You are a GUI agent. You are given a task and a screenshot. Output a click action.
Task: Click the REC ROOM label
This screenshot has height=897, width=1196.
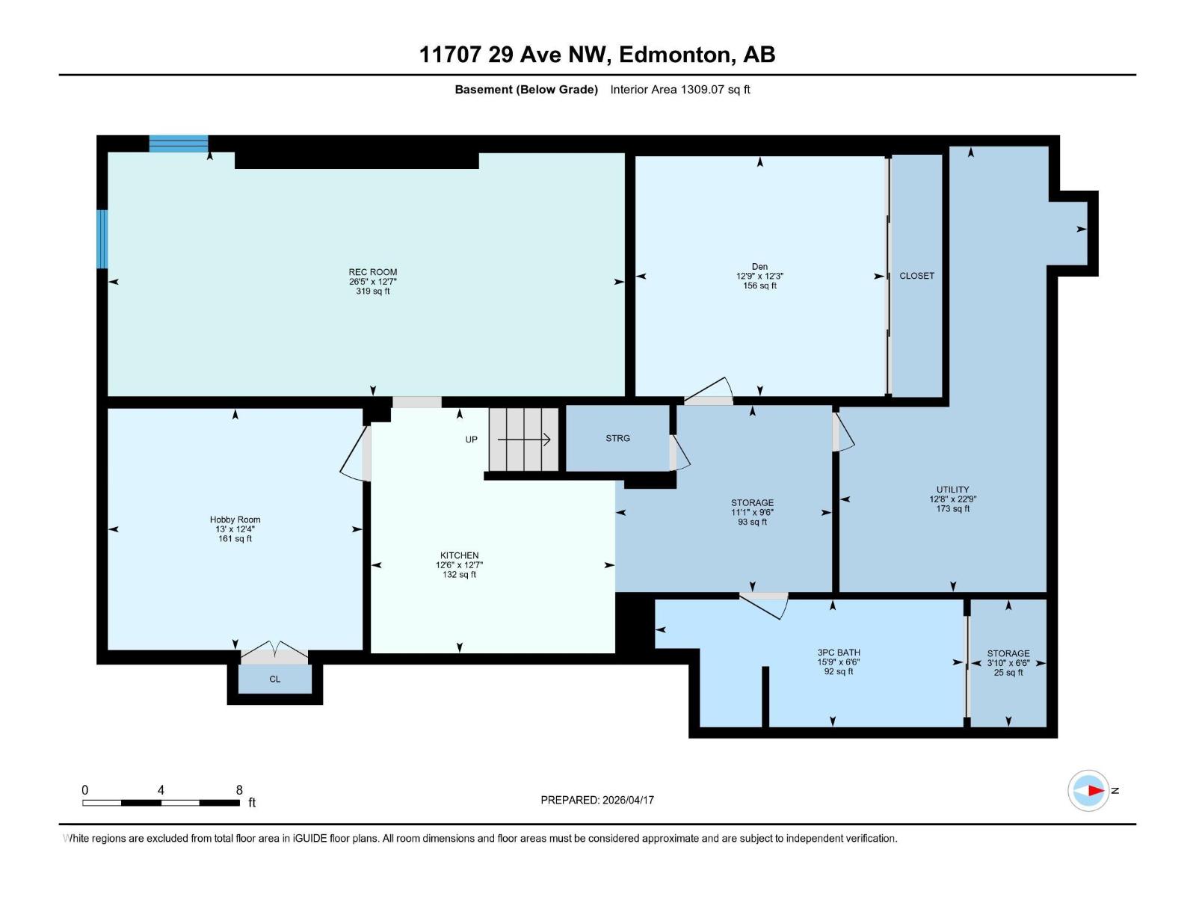tap(372, 272)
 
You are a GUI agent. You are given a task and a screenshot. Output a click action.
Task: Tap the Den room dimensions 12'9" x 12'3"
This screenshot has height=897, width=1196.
tap(759, 276)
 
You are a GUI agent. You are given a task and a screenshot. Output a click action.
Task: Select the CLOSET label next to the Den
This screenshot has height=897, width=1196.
tap(916, 276)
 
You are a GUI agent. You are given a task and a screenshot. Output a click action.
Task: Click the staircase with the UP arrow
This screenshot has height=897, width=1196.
tap(524, 440)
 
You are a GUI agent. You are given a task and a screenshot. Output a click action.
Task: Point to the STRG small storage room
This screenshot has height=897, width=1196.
tap(617, 439)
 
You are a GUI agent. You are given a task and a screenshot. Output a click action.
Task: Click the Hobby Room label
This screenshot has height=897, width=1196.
tap(235, 520)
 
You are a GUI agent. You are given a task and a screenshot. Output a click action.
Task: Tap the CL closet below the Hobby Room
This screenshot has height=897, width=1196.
tap(274, 679)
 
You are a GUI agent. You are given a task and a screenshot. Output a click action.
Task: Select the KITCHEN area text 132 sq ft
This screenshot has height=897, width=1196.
tap(459, 575)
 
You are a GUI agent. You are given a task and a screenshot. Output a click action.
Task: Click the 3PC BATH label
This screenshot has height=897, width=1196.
tap(838, 653)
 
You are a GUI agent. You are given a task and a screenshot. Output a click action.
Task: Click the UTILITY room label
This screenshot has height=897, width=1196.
tap(952, 490)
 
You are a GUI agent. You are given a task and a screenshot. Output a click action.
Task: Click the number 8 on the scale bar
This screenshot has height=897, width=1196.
tap(239, 790)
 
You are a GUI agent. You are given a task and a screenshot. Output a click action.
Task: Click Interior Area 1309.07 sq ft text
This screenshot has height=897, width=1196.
tap(679, 90)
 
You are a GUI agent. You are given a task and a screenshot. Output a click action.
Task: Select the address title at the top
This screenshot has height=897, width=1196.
tap(597, 55)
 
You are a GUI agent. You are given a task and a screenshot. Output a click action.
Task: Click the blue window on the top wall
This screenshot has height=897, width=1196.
tap(179, 144)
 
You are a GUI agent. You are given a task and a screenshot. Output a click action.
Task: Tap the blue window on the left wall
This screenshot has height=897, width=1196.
tap(102, 238)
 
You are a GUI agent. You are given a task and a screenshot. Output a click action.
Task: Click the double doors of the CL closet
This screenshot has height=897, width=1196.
tap(274, 653)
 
